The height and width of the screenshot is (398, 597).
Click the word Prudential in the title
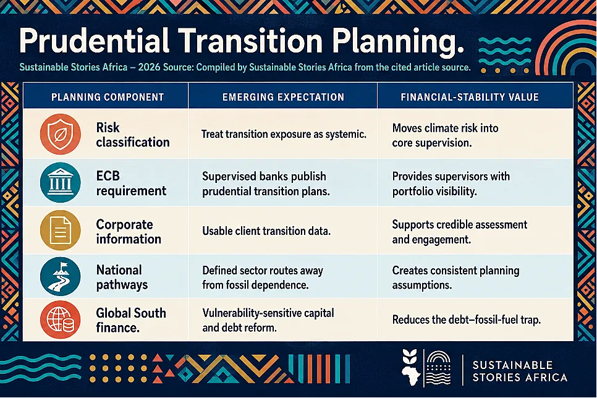click(94, 40)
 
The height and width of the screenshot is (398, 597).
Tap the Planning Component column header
click(108, 97)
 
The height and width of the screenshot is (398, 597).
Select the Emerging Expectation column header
click(283, 97)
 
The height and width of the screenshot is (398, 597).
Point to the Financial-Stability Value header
click(470, 97)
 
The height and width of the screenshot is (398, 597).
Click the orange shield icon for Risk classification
click(60, 134)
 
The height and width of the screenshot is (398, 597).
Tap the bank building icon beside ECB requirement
click(60, 182)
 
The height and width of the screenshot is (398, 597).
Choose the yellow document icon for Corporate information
click(60, 231)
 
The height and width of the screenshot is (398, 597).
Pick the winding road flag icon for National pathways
click(60, 276)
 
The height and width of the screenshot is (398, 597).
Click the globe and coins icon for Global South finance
click(60, 320)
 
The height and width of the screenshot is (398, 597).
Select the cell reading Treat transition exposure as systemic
click(284, 134)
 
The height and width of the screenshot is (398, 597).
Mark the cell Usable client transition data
click(266, 231)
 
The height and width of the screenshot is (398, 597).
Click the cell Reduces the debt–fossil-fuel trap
click(467, 320)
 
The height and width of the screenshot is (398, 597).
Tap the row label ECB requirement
click(131, 183)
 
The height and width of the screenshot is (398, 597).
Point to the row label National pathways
click(122, 277)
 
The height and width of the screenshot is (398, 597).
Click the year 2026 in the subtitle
click(150, 67)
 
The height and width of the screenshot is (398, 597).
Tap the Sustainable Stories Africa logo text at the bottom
click(520, 371)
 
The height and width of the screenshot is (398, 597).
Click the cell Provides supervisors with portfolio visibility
click(451, 184)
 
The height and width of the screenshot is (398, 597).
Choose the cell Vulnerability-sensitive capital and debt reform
click(268, 320)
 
